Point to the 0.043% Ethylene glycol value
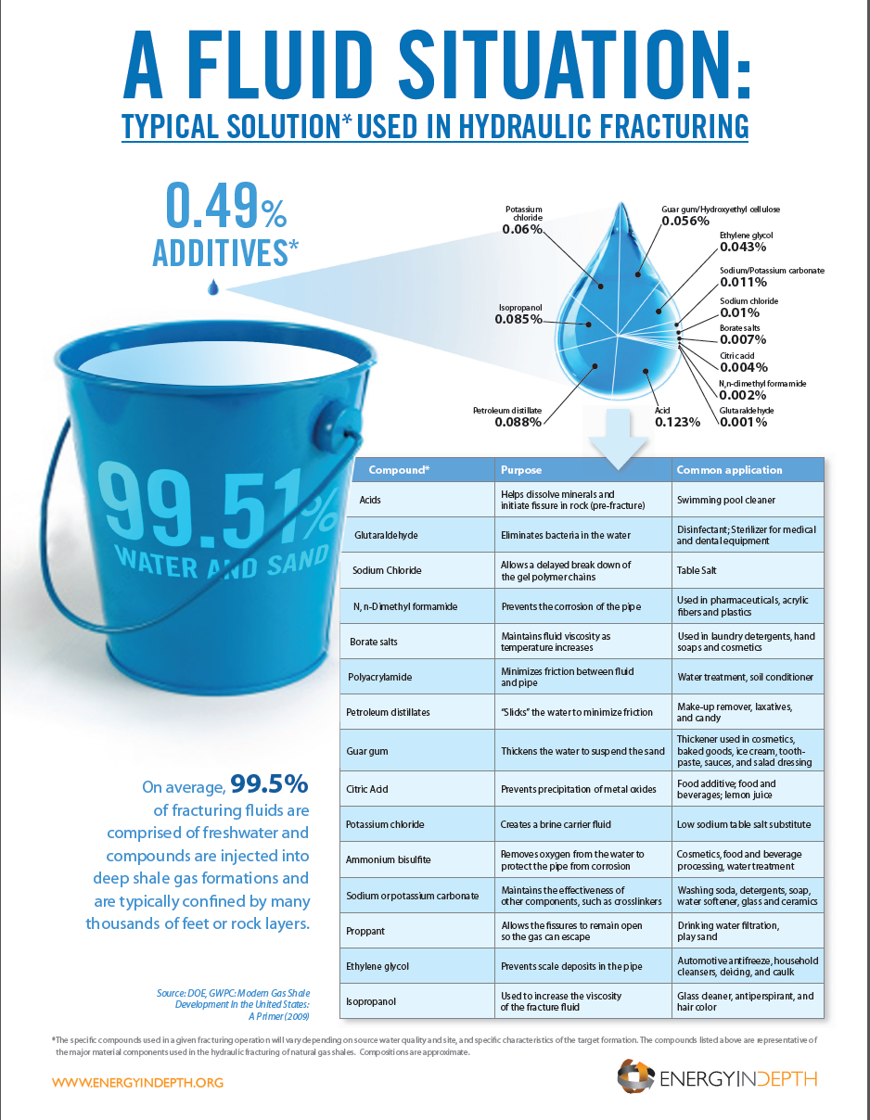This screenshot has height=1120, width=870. tap(743, 247)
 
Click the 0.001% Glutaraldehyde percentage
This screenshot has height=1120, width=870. tap(743, 422)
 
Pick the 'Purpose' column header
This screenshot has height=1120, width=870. tap(521, 469)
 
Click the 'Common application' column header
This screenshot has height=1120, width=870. tap(730, 469)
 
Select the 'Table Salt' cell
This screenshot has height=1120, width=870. tap(700, 571)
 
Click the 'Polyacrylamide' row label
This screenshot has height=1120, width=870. tap(380, 677)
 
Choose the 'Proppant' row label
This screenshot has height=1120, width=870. tap(365, 930)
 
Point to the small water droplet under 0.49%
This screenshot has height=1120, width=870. tap(214, 288)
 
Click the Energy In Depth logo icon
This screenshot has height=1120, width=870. tap(636, 1077)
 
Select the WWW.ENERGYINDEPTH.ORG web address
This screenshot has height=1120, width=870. tap(137, 1082)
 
